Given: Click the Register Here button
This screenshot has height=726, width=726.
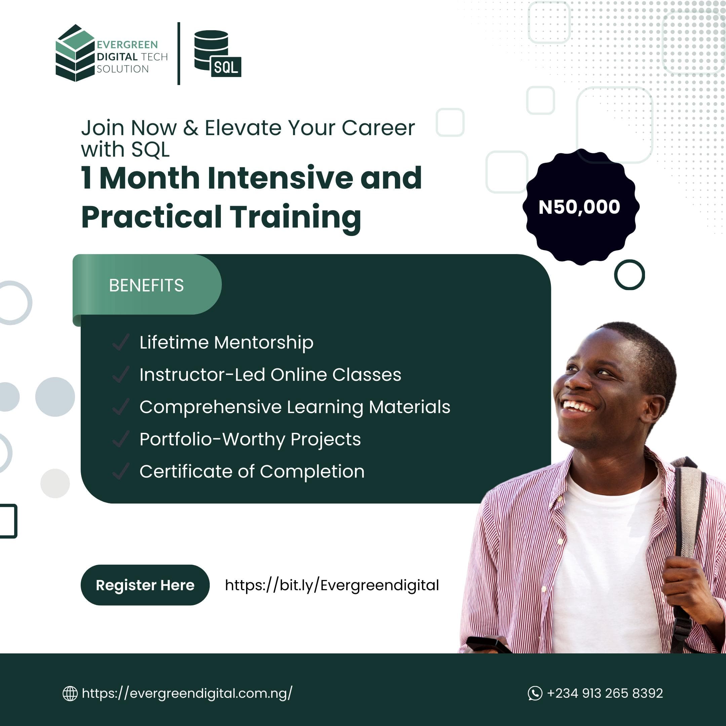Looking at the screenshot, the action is tap(145, 585).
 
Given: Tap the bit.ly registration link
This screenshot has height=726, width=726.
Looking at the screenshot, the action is tap(332, 586).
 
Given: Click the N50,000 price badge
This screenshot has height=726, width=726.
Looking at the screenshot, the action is tap(580, 207).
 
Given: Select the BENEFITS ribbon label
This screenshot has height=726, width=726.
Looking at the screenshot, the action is tap(147, 286).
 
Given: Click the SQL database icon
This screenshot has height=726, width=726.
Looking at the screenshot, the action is tap(217, 54).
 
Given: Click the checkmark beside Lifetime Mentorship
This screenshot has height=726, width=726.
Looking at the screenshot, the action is tap(121, 342).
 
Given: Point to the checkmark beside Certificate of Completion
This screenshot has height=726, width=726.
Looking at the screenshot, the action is tap(121, 471).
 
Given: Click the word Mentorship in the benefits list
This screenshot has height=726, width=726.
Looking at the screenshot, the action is tap(264, 343).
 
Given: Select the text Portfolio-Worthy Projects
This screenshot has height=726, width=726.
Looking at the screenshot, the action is tap(250, 439).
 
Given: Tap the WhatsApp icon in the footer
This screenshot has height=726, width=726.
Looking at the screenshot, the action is tap(535, 693).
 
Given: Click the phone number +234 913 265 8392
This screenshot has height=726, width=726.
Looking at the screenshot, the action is tap(605, 693).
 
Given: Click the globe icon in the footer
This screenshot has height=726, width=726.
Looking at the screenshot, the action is tap(70, 694).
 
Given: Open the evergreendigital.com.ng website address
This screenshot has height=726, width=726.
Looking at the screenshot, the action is tap(187, 694).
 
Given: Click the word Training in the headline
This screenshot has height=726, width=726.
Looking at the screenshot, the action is tap(296, 217).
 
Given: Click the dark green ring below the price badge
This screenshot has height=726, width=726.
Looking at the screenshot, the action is tap(630, 275).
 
